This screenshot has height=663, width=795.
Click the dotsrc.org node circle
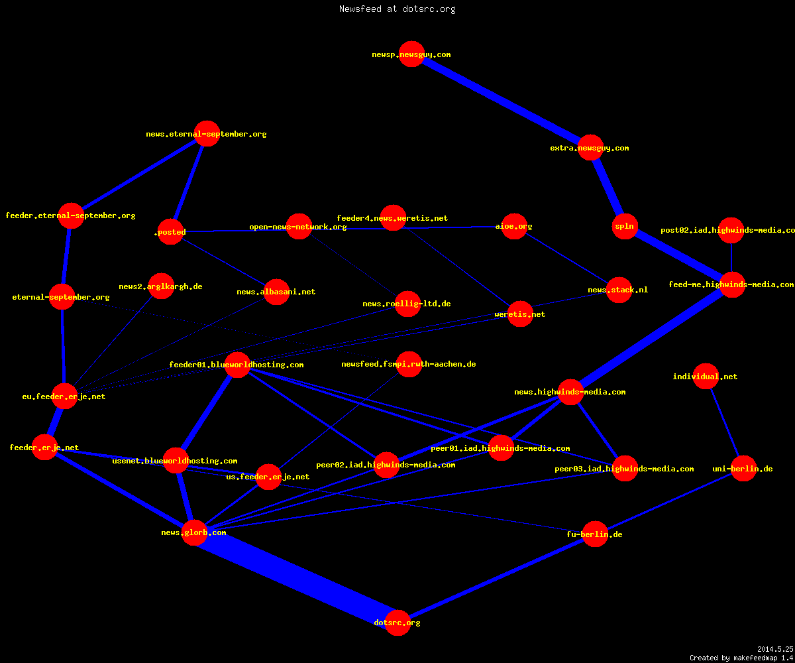point(397,623)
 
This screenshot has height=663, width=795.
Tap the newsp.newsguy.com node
point(411,54)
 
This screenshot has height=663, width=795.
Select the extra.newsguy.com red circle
point(590,147)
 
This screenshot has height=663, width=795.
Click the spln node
point(625,226)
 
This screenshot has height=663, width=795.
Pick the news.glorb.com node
point(194,532)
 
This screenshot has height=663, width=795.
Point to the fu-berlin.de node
point(595,534)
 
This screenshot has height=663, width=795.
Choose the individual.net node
point(706,376)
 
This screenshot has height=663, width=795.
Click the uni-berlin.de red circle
point(743,468)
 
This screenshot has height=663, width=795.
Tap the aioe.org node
point(514,226)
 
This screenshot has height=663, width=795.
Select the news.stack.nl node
point(619,290)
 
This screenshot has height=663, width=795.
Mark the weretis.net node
point(520,314)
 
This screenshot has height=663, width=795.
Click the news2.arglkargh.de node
point(161,286)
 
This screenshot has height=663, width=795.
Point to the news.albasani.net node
point(276,292)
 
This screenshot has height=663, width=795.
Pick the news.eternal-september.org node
point(207,134)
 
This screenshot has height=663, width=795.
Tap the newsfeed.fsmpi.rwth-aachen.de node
point(409,364)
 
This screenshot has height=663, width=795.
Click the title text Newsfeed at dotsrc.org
point(397,9)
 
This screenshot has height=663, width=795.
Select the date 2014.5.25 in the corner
point(775,649)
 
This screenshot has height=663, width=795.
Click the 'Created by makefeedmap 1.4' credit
point(741,658)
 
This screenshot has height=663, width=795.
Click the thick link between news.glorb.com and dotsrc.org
point(296,577)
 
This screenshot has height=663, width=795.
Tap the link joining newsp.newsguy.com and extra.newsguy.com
point(501,101)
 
